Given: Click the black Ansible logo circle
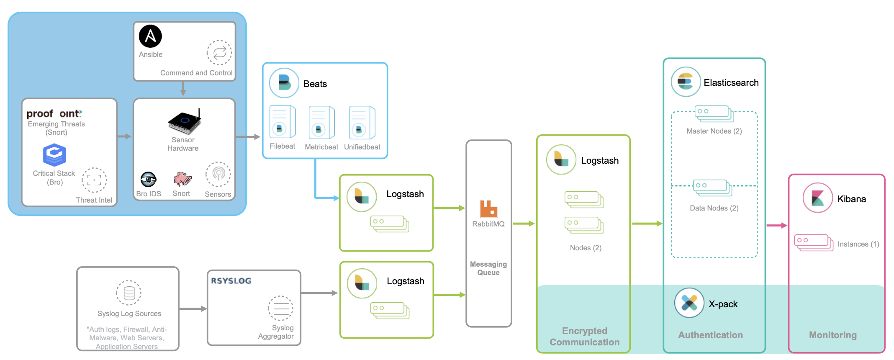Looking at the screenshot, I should pos(150,36).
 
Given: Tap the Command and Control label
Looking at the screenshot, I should pos(196,73).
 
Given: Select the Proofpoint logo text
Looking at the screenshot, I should pos(54,113).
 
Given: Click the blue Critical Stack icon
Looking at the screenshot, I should pos(54,155).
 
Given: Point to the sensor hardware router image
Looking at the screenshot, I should pos(185,121).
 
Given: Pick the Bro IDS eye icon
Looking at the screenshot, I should pos(148,180).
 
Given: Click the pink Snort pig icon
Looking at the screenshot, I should pos(182,179).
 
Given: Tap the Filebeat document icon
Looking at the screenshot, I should pos(283,122).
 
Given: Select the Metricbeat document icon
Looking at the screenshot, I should pos(321,122).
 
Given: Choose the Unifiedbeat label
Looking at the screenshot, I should pos(362,147).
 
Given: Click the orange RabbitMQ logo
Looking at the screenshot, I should pos(488,209).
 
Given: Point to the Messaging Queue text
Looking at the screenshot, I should pos(488,268).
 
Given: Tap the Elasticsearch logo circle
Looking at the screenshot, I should pos(686,82).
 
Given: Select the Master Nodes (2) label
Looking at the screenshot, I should pos(714,131).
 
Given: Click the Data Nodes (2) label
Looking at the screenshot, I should pos(714,208).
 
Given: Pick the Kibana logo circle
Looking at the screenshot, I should pos(817,198).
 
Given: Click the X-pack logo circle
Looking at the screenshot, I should pos(689,303).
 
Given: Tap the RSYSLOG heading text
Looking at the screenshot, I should pos(231,281).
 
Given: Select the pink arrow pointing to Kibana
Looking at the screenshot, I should pos(777,226).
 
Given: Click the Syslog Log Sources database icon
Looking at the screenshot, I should pos(129,293).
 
